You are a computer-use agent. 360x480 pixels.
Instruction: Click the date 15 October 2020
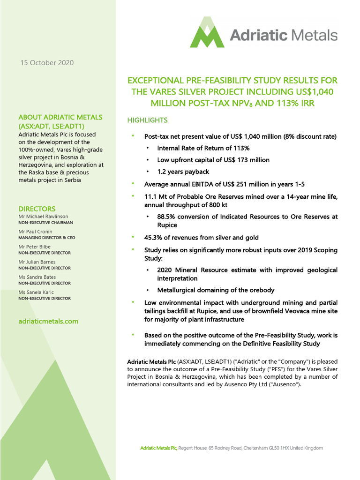click(x=46, y=63)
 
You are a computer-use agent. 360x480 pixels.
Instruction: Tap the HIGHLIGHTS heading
click(x=147, y=120)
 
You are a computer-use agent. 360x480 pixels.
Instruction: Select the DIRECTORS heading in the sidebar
click(x=37, y=209)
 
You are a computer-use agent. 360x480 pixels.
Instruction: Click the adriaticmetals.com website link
click(x=48, y=321)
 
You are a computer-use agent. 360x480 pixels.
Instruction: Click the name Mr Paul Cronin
click(x=36, y=232)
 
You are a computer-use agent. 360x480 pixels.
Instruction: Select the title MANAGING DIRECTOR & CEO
click(x=46, y=238)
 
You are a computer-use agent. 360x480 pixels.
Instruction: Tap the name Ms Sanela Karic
click(x=37, y=292)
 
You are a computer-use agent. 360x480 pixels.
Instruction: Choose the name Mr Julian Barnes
click(x=37, y=262)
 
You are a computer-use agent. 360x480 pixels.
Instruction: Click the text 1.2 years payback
click(x=183, y=172)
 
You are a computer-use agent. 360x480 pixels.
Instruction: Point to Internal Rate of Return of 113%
click(x=203, y=148)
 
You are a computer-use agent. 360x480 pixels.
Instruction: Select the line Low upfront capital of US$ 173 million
click(x=213, y=160)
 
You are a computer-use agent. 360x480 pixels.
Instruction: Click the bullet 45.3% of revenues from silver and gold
click(x=201, y=238)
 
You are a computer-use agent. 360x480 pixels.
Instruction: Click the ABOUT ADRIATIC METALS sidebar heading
click(x=60, y=117)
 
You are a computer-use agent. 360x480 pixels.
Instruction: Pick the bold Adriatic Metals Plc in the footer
click(x=158, y=448)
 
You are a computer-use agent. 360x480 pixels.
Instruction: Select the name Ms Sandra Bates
click(x=37, y=277)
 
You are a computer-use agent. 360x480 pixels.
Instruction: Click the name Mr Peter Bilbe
click(x=35, y=247)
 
